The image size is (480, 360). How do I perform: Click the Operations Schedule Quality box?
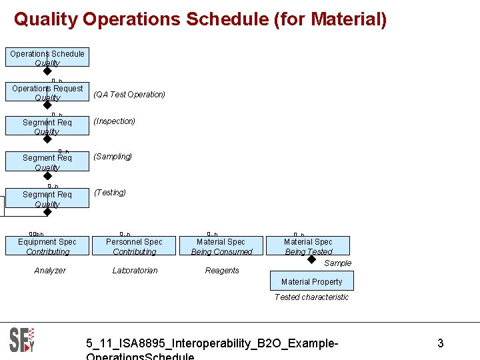point(47,57)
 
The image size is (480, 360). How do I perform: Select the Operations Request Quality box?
point(47,93)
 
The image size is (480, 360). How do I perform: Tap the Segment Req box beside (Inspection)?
point(47,126)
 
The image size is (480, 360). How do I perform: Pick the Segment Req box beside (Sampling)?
point(47,162)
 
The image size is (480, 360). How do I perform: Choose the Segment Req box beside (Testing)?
point(47,199)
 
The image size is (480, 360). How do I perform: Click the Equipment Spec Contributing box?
point(47,246)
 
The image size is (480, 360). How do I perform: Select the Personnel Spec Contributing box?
point(134,246)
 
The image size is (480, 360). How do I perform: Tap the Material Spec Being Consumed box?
point(221,246)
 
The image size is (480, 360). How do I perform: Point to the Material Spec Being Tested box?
point(308,246)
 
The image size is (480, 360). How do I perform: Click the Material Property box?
point(311,281)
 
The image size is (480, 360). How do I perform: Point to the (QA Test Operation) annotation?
point(129,95)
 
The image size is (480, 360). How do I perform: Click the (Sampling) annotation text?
point(113,157)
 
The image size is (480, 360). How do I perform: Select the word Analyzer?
point(50,271)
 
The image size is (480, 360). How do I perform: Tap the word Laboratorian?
point(135,271)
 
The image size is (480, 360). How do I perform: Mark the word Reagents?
point(222,271)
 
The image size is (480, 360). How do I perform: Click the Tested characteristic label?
point(311,297)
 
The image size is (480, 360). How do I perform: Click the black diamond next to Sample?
point(311,259)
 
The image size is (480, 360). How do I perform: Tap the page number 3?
point(440,344)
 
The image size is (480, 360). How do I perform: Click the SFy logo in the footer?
point(21,340)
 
